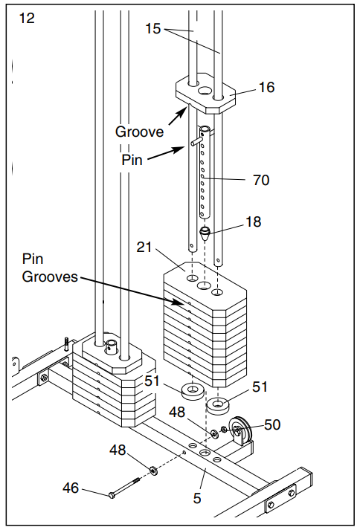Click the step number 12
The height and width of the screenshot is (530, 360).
point(27,19)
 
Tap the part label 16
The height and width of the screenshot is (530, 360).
point(266,87)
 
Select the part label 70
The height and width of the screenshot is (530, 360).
point(261,180)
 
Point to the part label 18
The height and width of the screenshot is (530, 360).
point(253,222)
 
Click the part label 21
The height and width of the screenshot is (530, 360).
point(144,248)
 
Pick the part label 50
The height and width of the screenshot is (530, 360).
point(272,425)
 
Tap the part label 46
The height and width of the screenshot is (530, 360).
point(71,488)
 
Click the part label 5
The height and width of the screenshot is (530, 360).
point(197,498)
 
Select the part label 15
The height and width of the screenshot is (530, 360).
point(152,29)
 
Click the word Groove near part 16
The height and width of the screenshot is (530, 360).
point(139,132)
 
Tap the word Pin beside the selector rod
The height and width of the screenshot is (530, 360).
point(132,160)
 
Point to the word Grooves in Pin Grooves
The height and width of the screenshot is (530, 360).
point(50,277)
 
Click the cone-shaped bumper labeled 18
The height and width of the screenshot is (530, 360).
point(205,233)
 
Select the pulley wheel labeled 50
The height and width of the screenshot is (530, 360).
point(240,429)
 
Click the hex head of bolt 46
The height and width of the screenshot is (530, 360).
point(112,495)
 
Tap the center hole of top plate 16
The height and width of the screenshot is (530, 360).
point(205,90)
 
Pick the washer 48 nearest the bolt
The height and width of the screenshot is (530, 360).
point(154,471)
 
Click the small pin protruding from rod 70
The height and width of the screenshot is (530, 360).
point(196,142)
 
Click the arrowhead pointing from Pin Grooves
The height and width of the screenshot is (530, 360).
point(180,303)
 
